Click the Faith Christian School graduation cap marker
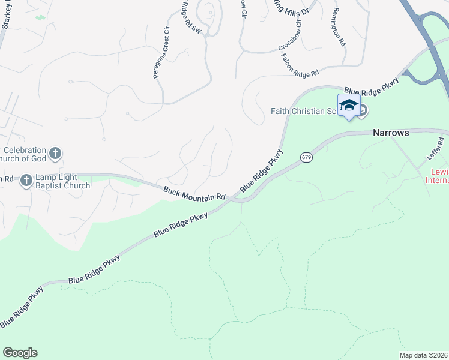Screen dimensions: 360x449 pos(349,106)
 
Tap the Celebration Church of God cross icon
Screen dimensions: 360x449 pos(55,153)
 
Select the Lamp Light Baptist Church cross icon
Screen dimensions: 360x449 pos(26,180)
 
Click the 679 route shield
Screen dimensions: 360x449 pos(306,157)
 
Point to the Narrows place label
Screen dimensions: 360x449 pos(391,133)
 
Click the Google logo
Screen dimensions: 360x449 pos(20,353)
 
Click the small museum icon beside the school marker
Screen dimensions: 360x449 pos(364,111)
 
